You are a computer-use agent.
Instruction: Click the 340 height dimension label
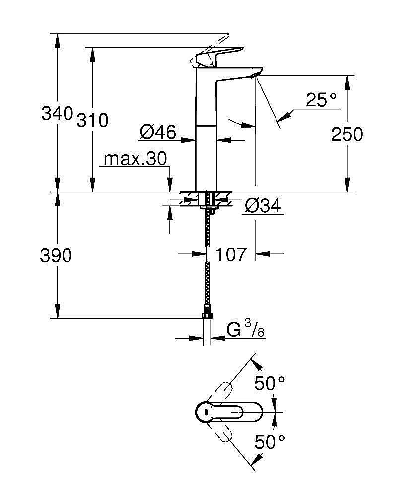57,114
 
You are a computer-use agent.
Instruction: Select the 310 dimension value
92,120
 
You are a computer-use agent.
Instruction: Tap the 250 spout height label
347,134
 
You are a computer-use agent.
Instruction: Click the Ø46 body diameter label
158,132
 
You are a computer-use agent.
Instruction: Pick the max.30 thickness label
135,160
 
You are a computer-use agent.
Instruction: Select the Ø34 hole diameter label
263,205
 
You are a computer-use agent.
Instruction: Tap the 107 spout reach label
231,254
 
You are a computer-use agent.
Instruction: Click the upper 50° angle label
270,383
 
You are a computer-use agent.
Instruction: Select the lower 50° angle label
270,441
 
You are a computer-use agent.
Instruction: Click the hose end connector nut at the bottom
207,315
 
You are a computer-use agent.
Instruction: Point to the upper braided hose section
207,229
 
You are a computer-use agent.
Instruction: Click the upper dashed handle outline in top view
220,393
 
